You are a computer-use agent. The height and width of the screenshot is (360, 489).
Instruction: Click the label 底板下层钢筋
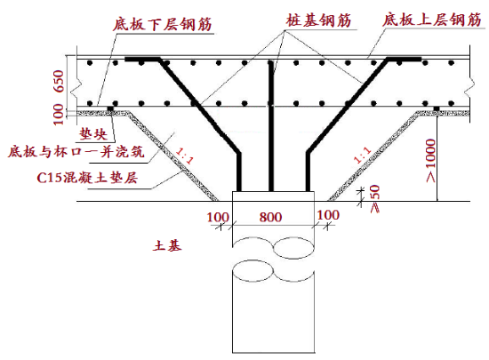[163, 23]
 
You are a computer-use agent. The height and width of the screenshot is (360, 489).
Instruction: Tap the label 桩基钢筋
[318, 20]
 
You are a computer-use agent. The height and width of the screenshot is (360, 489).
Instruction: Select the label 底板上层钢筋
[432, 20]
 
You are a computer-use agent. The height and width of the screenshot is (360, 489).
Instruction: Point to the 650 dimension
[59, 82]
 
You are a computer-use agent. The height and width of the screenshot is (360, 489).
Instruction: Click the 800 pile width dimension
[270, 217]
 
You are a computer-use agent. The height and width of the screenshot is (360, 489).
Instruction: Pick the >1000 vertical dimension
[430, 161]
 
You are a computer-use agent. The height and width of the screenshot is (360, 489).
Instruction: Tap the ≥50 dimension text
[374, 198]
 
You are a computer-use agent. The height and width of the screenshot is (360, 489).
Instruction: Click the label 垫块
[93, 134]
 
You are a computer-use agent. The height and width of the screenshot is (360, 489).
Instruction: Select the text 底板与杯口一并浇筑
[76, 152]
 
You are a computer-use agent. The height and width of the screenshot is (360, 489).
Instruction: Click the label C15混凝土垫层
[87, 178]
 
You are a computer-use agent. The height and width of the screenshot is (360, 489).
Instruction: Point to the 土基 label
[167, 245]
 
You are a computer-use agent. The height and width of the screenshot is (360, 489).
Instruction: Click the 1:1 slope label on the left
[185, 156]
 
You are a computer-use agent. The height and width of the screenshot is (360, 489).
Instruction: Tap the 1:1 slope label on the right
[363, 155]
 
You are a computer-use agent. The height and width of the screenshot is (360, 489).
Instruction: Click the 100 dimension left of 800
[218, 217]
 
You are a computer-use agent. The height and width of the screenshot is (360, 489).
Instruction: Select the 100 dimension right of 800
[328, 215]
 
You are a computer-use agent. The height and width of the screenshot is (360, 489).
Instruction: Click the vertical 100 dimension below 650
[59, 115]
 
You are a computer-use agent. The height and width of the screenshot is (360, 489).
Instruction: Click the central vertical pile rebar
[271, 126]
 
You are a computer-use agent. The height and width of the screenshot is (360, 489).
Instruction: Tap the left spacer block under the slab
[110, 108]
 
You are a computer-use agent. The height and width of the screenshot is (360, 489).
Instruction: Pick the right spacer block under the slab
[437, 108]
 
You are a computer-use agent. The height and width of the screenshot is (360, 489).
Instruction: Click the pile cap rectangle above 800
[273, 196]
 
